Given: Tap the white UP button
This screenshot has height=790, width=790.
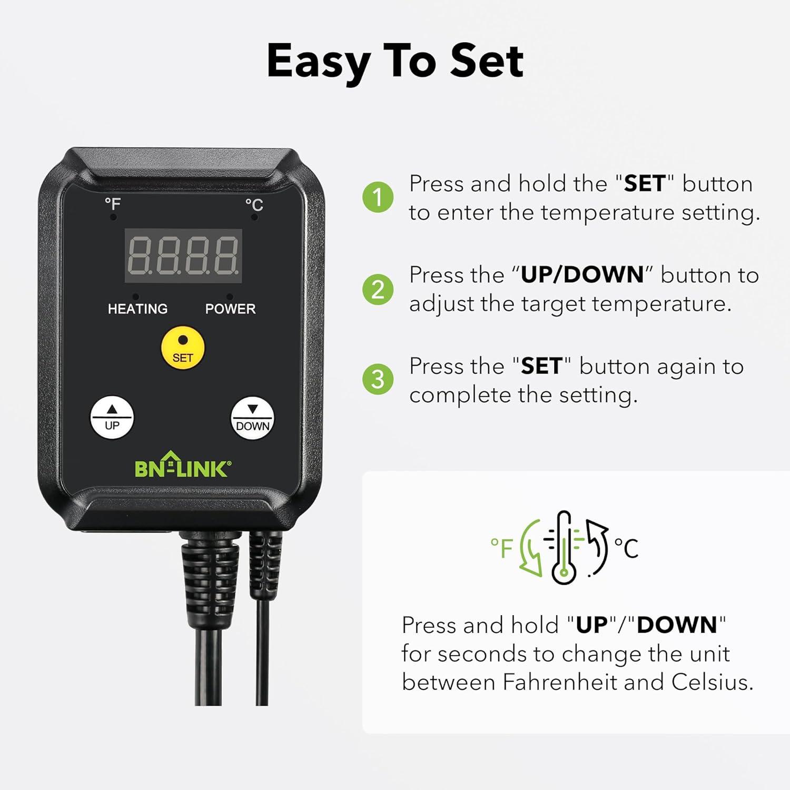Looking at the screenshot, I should [x=112, y=418].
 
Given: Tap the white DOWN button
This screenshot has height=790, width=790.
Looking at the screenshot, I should [x=252, y=418].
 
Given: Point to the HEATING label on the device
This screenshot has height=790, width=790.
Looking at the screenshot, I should [x=137, y=309].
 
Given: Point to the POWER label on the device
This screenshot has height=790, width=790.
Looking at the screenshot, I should [x=230, y=309].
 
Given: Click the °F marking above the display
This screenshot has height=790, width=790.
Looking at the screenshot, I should [x=112, y=203].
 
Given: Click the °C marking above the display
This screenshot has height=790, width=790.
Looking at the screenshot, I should [x=254, y=204].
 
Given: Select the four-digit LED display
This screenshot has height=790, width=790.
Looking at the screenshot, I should [x=183, y=255].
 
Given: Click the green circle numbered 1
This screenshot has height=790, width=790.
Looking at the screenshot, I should [x=378, y=197].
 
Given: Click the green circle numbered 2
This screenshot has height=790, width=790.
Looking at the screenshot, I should [x=378, y=289].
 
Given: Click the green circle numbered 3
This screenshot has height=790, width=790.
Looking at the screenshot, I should [x=378, y=379].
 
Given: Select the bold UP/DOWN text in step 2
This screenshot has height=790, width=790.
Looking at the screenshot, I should [x=582, y=275].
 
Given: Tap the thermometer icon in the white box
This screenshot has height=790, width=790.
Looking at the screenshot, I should [x=564, y=548].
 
